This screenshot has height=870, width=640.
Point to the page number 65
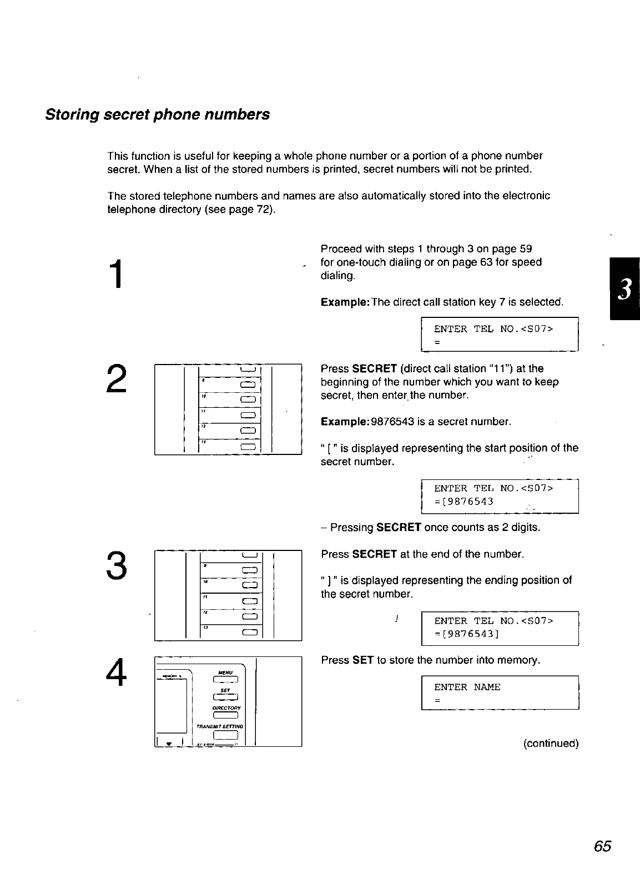point(602,846)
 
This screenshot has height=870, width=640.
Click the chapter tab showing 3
point(624,289)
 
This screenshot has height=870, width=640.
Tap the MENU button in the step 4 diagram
point(225,680)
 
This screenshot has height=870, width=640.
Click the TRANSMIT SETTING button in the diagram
point(225,736)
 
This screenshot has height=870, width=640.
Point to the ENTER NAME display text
point(467,687)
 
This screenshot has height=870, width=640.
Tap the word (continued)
point(551,743)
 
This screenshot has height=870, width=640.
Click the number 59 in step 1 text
point(526,249)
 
